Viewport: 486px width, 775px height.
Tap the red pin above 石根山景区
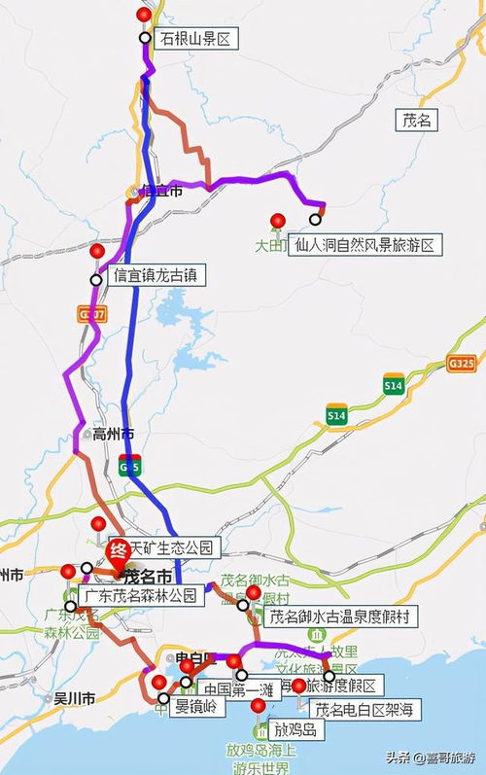(145, 16)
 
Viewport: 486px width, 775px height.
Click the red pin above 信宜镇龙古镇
(96, 252)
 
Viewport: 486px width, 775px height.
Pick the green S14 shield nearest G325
(393, 385)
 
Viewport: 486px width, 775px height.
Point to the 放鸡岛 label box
(295, 728)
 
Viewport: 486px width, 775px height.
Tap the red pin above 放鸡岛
(258, 706)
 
